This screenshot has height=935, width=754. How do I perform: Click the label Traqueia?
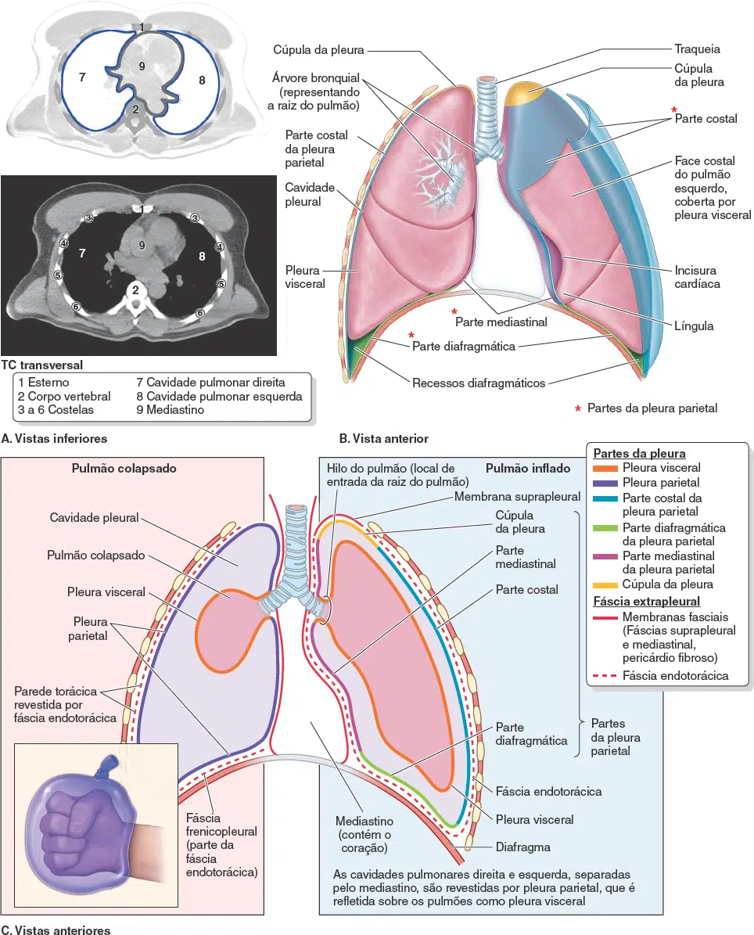point(697,49)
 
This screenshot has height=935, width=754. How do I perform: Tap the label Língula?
point(694,325)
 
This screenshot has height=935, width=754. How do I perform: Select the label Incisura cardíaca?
point(697,278)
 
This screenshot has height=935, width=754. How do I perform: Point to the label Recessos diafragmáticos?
point(479,383)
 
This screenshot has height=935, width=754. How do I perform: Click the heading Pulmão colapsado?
point(124,469)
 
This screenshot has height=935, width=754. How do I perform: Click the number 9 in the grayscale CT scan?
point(142,246)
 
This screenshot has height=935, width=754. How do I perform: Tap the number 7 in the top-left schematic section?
point(81,77)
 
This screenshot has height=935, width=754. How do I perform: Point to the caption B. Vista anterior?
point(382,438)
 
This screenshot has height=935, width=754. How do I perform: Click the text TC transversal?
point(42,365)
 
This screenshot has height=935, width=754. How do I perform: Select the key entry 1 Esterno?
point(44,383)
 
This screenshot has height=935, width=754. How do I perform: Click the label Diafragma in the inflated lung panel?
point(523,847)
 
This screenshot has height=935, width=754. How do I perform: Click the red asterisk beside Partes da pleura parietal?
point(578,408)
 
